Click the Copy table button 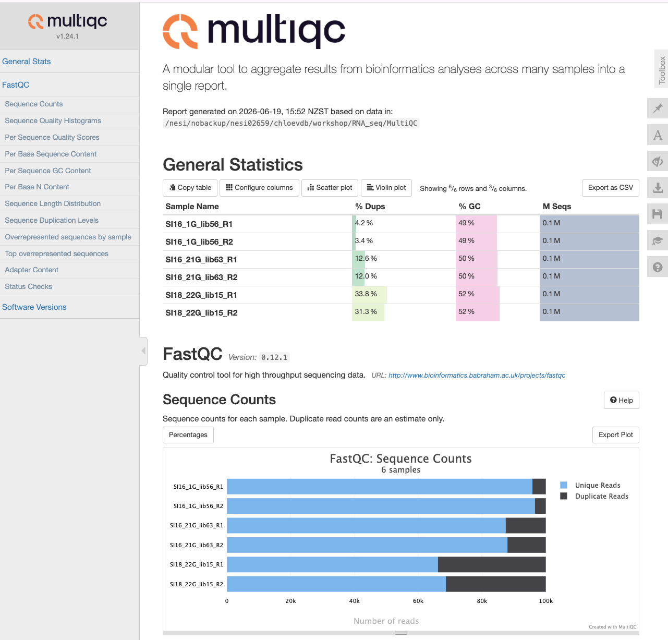click(x=190, y=188)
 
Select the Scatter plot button click(x=330, y=188)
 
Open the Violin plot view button click(x=386, y=188)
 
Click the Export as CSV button click(x=610, y=188)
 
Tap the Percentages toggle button click(x=188, y=434)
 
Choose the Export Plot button click(x=615, y=434)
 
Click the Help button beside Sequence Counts click(x=621, y=400)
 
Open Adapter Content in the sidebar click(x=32, y=270)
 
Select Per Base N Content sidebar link click(x=37, y=187)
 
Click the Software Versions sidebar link click(x=34, y=307)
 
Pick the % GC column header click(x=469, y=207)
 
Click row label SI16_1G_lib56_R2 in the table click(x=199, y=242)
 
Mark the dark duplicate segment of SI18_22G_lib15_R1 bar click(x=492, y=564)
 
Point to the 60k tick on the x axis click(x=418, y=601)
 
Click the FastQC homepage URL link click(x=477, y=375)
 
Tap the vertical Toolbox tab click(x=661, y=70)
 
